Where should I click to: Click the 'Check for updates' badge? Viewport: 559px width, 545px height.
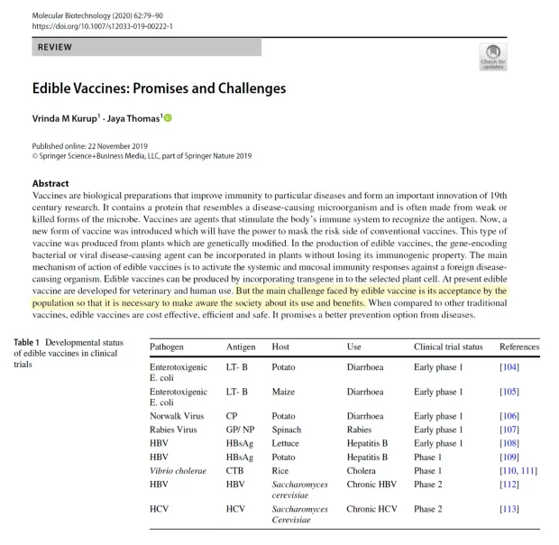click(x=493, y=56)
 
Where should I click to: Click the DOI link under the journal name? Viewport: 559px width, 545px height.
click(x=103, y=26)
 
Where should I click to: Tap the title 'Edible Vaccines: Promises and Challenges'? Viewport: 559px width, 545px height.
click(x=159, y=88)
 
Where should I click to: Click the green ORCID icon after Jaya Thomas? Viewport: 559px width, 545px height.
click(x=167, y=117)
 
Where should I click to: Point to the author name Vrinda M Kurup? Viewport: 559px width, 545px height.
click(x=63, y=118)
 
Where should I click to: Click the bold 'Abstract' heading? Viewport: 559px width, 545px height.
click(x=50, y=184)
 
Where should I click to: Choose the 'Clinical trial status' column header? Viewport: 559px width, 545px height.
click(x=448, y=346)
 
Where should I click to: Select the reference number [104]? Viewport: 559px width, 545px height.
click(x=509, y=366)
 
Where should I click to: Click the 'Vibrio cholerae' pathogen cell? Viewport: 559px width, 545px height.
click(x=180, y=470)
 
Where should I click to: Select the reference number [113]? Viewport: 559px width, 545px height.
click(x=509, y=509)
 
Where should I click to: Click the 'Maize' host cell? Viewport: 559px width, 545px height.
click(x=260, y=392)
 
